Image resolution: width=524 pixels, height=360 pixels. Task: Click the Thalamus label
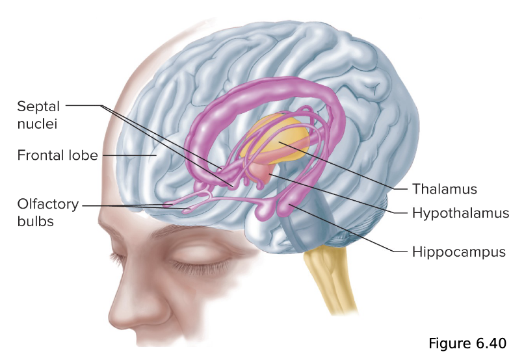click(444, 189)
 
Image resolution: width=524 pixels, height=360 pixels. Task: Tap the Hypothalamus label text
click(460, 212)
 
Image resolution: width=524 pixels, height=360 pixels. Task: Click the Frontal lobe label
click(57, 155)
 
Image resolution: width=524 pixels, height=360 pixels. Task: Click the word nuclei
click(36, 122)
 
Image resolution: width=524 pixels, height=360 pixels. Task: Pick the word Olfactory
click(47, 205)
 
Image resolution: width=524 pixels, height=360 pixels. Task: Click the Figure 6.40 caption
click(466, 342)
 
